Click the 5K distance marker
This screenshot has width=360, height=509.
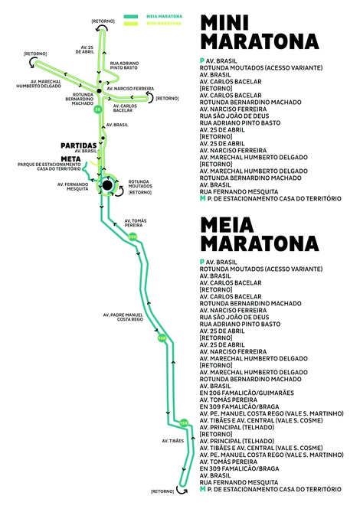click(x=98, y=109)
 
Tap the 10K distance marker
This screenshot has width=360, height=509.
click(x=162, y=338)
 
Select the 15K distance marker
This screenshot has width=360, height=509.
click(x=184, y=423)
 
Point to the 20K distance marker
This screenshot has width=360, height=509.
click(x=133, y=237)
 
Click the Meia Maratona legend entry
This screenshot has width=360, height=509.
click(x=153, y=17)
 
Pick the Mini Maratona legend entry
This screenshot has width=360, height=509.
click(x=153, y=24)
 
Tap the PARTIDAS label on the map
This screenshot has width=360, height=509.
click(x=79, y=145)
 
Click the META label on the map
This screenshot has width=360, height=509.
click(x=70, y=159)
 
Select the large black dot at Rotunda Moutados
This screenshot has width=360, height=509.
click(x=107, y=185)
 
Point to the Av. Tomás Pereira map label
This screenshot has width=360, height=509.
click(x=136, y=223)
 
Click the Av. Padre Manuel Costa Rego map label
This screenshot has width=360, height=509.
click(x=123, y=317)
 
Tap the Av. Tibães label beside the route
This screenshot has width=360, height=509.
click(x=173, y=441)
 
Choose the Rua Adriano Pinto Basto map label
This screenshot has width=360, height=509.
click(x=124, y=66)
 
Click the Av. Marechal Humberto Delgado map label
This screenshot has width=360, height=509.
click(x=38, y=83)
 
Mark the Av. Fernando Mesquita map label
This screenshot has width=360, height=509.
click(x=73, y=187)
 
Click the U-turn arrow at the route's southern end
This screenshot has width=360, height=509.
click(x=182, y=491)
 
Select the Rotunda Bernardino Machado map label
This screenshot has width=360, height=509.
click(x=80, y=99)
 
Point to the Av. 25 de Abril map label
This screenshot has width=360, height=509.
click(x=85, y=50)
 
